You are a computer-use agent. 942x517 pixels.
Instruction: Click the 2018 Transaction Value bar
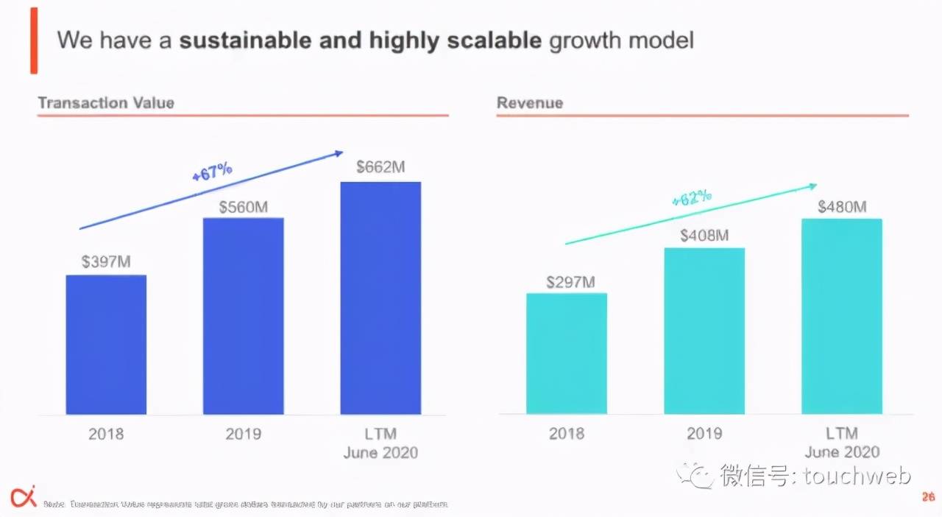click(x=106, y=344)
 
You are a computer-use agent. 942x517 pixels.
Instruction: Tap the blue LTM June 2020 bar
click(x=380, y=298)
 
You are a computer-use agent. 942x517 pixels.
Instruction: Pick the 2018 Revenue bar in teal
click(x=567, y=354)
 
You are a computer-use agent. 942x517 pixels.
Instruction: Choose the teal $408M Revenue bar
click(x=704, y=331)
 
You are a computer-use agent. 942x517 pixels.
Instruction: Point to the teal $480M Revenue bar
click(x=842, y=316)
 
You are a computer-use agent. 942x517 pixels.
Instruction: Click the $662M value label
click(x=380, y=167)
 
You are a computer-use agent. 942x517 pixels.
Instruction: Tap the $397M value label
click(x=106, y=261)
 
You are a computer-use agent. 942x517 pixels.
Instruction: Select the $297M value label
click(x=570, y=282)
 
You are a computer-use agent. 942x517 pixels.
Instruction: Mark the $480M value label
click(x=842, y=207)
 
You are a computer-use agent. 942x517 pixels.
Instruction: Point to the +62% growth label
click(x=692, y=197)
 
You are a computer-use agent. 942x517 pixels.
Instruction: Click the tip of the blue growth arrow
click(x=342, y=152)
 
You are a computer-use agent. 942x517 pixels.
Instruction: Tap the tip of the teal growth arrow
click(x=816, y=185)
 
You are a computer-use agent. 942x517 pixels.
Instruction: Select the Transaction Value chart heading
click(x=106, y=102)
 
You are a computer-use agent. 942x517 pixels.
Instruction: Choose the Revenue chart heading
click(x=529, y=102)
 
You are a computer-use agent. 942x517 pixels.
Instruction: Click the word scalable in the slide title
click(x=495, y=40)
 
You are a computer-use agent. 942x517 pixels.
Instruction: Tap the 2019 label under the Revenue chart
click(x=704, y=434)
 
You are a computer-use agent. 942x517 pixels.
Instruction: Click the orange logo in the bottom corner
click(x=23, y=497)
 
